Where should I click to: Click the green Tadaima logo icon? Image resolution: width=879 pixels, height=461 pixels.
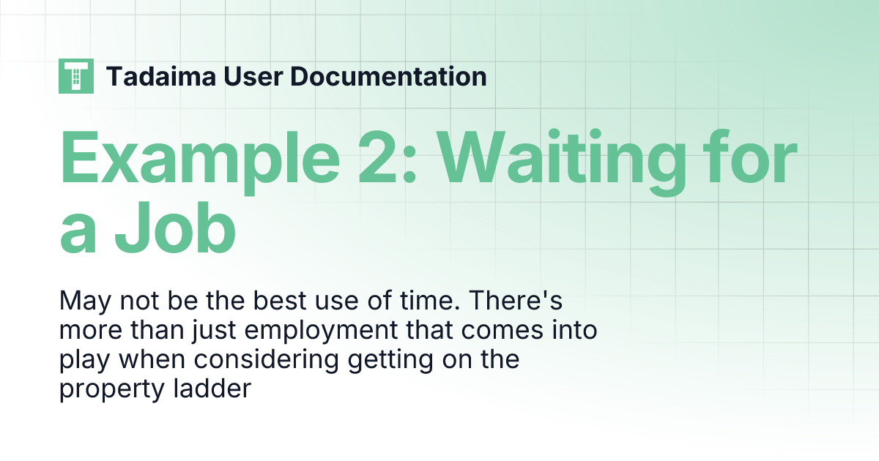pos(76,76)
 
